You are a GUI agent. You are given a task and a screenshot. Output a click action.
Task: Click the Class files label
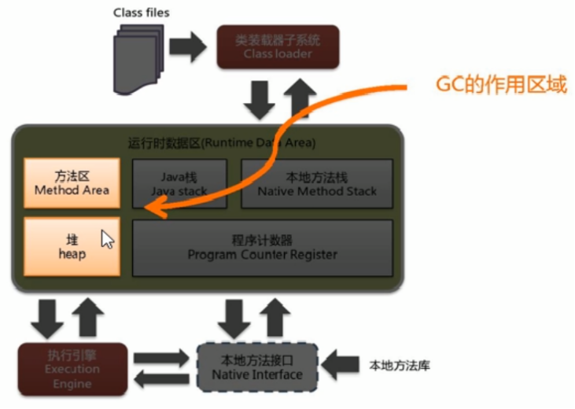141,13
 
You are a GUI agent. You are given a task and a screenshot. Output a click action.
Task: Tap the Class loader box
278,46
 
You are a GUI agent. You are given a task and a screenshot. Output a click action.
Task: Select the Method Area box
72,183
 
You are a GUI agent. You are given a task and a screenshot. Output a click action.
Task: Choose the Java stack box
179,183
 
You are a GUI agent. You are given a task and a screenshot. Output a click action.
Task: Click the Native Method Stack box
316,183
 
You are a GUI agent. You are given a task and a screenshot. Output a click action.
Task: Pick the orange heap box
72,247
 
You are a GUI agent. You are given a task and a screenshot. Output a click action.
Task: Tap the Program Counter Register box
262,247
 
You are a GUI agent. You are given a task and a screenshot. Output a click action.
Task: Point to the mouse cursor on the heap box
106,238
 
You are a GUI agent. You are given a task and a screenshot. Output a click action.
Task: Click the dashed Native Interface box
256,367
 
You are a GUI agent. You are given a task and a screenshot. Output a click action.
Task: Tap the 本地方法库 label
398,366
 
